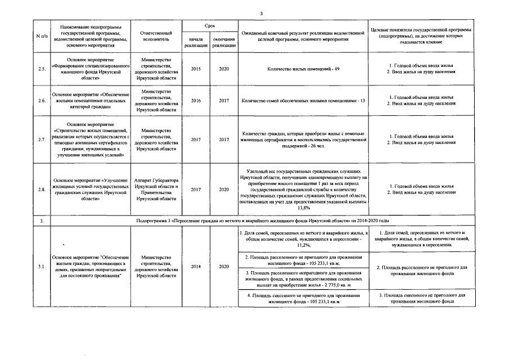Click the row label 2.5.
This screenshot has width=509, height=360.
(41, 69)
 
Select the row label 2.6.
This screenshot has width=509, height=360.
(41, 101)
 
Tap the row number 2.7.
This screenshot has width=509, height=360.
(41, 139)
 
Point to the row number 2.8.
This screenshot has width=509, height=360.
(41, 190)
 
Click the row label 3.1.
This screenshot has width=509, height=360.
(41, 267)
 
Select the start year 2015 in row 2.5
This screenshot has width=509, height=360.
(196, 69)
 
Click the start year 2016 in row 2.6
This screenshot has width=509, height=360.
(196, 101)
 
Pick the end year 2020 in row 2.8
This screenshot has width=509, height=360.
(224, 190)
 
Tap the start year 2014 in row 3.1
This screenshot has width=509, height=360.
(196, 267)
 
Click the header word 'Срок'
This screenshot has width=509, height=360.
(209, 26)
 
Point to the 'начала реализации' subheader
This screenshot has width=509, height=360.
(196, 42)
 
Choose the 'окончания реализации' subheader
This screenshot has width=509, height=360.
(224, 42)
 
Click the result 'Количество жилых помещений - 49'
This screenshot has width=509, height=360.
(304, 69)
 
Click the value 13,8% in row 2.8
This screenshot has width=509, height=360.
(304, 207)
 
